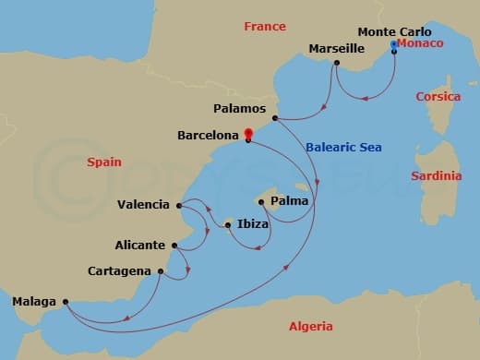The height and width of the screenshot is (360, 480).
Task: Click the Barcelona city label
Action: [209, 135]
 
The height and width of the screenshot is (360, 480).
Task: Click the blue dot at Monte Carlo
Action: [394, 44]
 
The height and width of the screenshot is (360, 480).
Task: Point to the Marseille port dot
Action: [337, 63]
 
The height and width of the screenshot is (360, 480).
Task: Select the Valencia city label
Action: [144, 205]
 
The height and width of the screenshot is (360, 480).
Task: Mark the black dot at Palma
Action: [262, 200]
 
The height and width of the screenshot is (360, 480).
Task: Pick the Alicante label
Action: [140, 246]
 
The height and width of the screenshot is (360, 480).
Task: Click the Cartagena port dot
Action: [161, 271]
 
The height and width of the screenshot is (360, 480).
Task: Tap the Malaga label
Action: [34, 301]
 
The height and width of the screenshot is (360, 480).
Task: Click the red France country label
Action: [265, 27]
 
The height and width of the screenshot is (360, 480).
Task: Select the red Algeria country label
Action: [311, 326]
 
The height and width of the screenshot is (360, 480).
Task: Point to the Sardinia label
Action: [438, 175]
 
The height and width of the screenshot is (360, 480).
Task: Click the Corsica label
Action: [438, 96]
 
